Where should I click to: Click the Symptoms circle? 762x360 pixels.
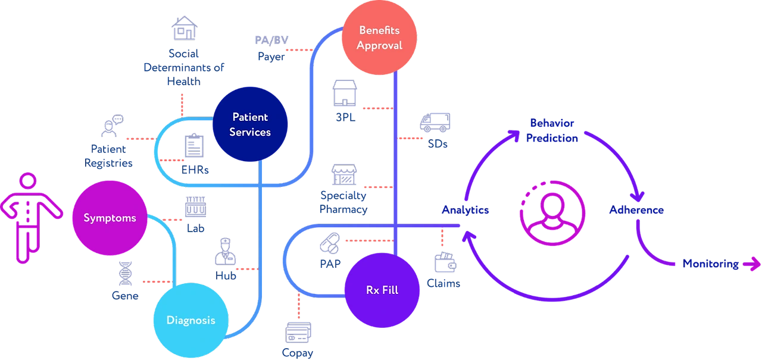(x=110, y=218)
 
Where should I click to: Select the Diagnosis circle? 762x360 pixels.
(x=190, y=320)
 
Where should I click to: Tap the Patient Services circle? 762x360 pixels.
(x=250, y=124)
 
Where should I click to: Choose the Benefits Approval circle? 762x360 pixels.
(x=380, y=37)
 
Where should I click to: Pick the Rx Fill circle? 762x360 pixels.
(x=382, y=290)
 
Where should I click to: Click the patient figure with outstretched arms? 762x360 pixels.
(x=27, y=218)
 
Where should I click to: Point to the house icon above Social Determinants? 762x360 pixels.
(x=184, y=29)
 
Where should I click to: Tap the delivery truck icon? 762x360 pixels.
(x=435, y=123)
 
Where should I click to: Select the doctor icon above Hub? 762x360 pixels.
(x=226, y=251)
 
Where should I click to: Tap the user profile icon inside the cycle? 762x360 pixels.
(x=552, y=209)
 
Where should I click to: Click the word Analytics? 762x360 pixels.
(x=465, y=209)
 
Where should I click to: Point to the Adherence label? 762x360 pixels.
(x=637, y=210)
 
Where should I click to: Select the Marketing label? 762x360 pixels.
(x=711, y=264)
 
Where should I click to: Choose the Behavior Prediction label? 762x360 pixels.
(x=554, y=130)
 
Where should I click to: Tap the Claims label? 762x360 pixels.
(x=444, y=284)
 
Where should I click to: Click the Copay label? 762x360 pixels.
(x=298, y=352)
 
